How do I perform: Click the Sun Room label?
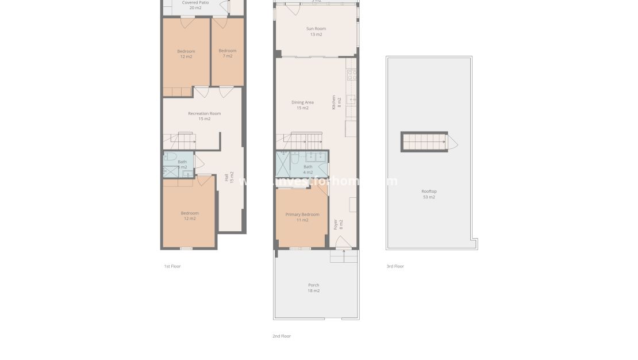click(x=316, y=31)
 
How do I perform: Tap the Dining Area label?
click(x=302, y=105)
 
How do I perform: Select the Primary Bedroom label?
click(x=302, y=217)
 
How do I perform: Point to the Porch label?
click(x=313, y=288)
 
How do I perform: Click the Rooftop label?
click(x=429, y=194)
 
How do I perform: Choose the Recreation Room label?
click(x=204, y=116)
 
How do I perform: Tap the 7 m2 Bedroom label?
click(x=227, y=53)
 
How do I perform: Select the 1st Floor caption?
click(x=172, y=266)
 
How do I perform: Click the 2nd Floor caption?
click(x=282, y=336)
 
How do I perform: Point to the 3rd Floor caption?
click(x=395, y=266)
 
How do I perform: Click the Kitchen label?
click(x=336, y=103)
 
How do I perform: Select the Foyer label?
click(x=337, y=224)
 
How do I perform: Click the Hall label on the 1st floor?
click(x=229, y=178)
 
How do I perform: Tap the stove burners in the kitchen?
click(x=352, y=74)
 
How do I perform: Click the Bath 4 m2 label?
click(x=308, y=169)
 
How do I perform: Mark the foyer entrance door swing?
click(x=343, y=242)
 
